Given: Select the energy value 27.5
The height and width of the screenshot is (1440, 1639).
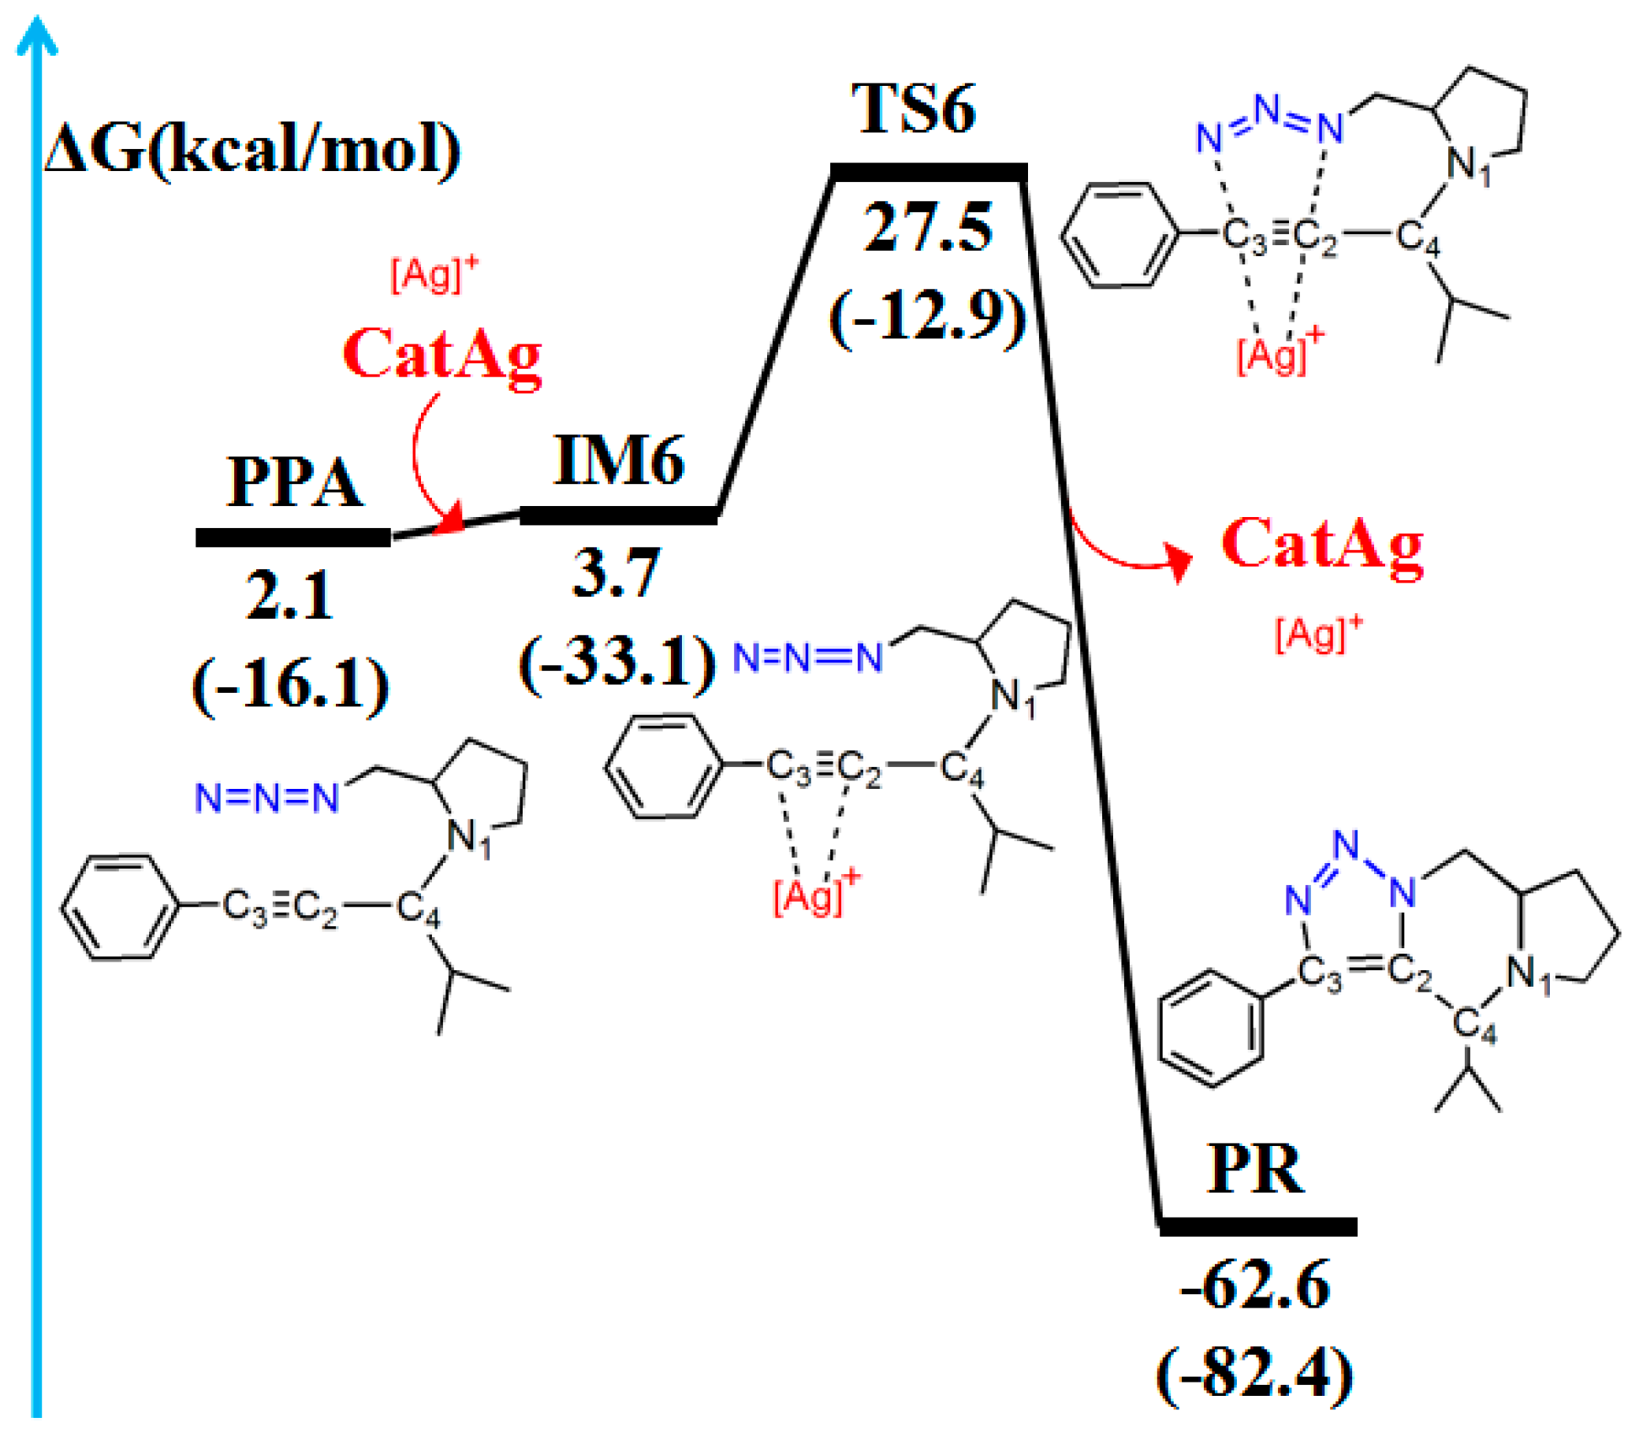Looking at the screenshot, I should pyautogui.click(x=928, y=228).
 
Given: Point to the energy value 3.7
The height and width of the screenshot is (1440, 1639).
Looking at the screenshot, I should pyautogui.click(x=616, y=572).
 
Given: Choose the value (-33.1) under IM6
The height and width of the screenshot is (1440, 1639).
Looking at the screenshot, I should pyautogui.click(x=616, y=662).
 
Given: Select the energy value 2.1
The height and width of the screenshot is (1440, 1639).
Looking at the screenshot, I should pyautogui.click(x=289, y=596).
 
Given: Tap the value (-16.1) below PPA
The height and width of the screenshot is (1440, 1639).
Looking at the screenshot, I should pyautogui.click(x=290, y=685).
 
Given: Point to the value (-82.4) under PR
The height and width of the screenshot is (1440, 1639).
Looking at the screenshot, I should pyautogui.click(x=1255, y=1375).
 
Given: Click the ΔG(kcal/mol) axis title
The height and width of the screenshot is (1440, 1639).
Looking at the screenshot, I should pyautogui.click(x=253, y=150).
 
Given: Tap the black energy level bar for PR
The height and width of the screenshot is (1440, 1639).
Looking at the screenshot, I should pyautogui.click(x=1258, y=1226).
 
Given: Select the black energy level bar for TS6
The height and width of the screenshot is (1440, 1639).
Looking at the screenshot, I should pyautogui.click(x=929, y=172).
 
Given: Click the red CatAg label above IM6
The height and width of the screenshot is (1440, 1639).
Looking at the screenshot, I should pyautogui.click(x=441, y=354).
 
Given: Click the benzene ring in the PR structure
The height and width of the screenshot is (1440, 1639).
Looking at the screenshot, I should pyautogui.click(x=1212, y=1029).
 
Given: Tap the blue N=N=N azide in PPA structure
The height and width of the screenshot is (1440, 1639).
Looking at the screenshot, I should pyautogui.click(x=267, y=798).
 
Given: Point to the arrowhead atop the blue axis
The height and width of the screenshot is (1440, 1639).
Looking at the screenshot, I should pyautogui.click(x=37, y=36).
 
